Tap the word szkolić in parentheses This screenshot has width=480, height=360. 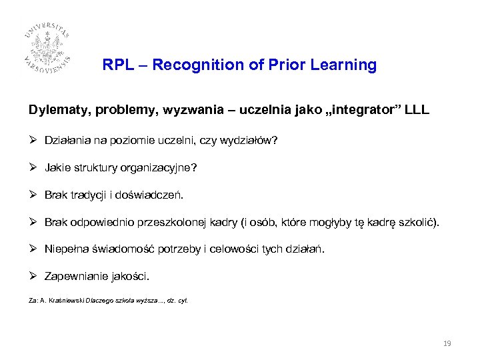click(x=419, y=222)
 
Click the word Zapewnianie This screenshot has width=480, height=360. click(x=75, y=276)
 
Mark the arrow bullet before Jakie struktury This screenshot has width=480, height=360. click(x=33, y=167)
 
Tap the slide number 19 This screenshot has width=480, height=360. click(x=447, y=343)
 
